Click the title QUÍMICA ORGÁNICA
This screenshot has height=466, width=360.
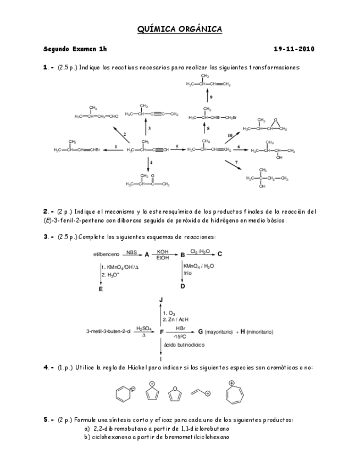(179, 30)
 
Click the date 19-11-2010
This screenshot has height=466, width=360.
(294, 49)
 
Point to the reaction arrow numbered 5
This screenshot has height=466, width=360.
(177, 149)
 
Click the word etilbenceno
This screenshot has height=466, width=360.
(107, 254)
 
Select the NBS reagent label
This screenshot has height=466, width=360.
(131, 252)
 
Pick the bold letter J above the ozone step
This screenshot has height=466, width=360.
(161, 299)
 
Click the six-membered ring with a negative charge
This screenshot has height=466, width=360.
(121, 394)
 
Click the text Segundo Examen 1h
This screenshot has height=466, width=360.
(75, 49)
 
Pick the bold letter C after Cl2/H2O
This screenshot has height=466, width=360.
(220, 254)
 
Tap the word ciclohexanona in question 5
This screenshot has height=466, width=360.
(108, 437)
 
